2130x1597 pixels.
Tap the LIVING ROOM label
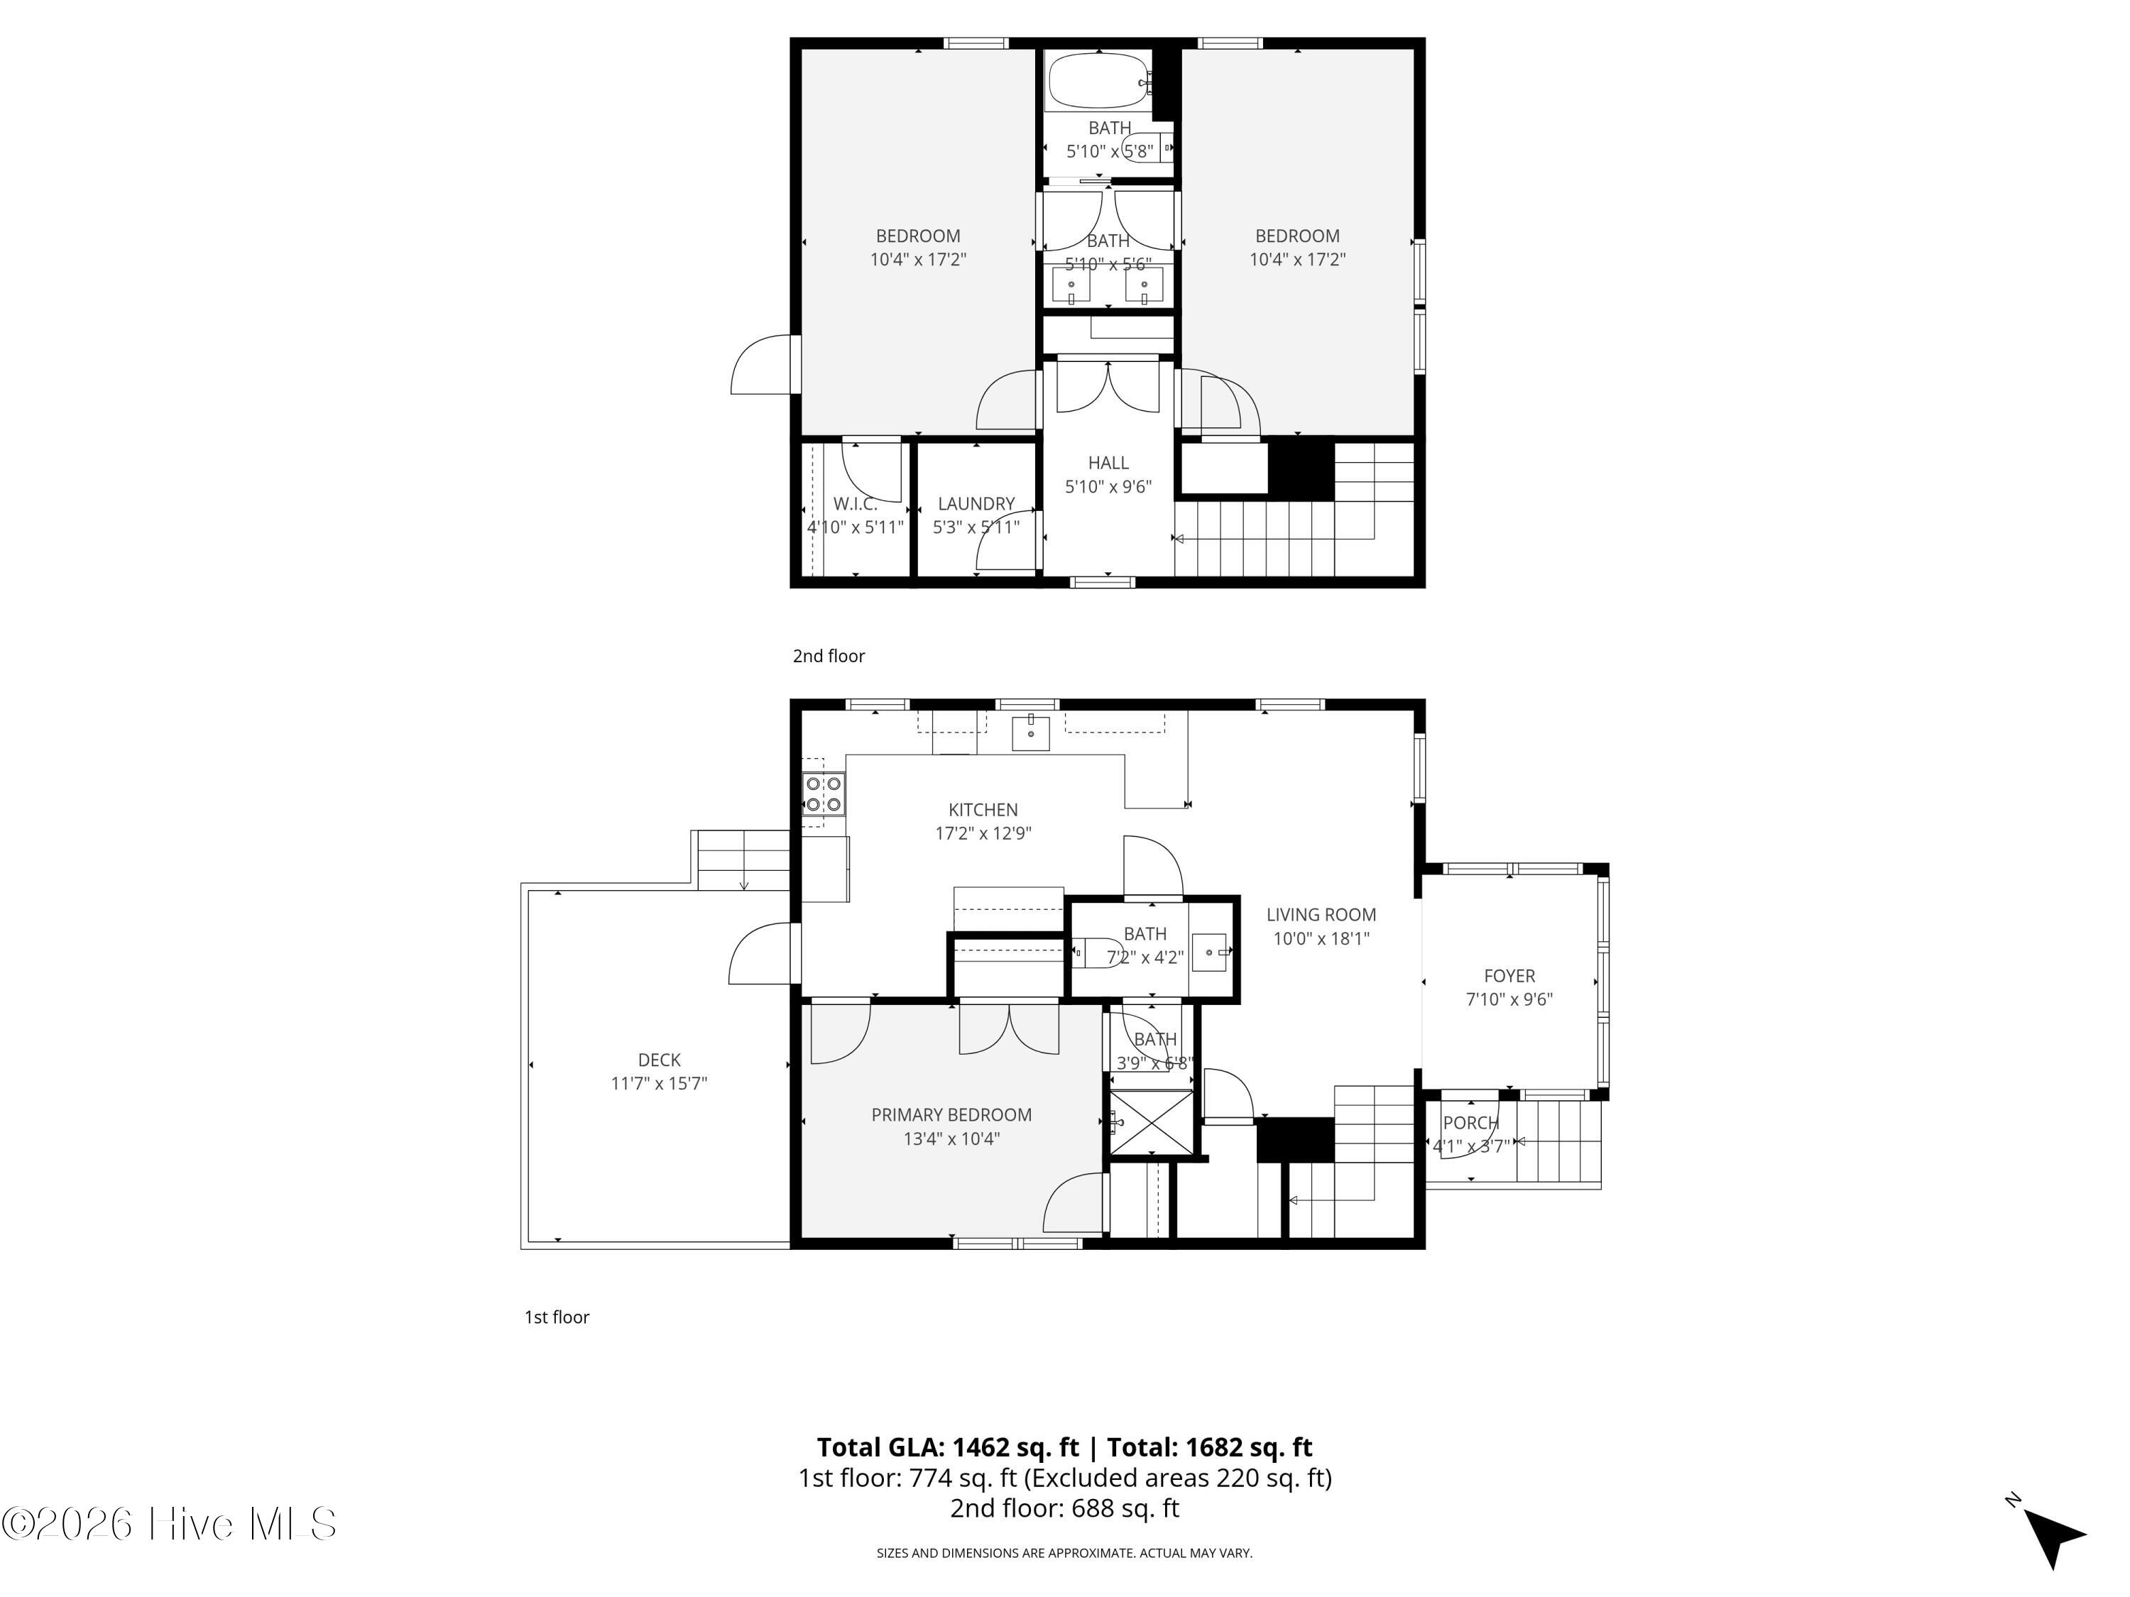point(1321,914)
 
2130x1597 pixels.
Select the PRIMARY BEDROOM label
point(951,1115)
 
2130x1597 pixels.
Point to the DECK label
point(659,1060)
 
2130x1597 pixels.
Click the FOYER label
point(1509,976)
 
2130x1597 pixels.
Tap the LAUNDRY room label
point(976,503)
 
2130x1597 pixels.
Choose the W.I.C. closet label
point(855,503)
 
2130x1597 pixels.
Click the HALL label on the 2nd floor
point(1108,463)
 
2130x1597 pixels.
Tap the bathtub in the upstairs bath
point(1098,81)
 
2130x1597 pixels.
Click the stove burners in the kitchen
point(824,795)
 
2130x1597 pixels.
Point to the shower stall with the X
point(1152,1121)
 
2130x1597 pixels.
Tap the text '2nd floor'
point(829,656)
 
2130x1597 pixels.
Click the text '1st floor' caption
point(557,1317)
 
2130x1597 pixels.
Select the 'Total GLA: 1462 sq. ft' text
point(949,1447)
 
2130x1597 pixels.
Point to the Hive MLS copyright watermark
point(170,1524)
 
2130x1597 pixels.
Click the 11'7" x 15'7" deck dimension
point(659,1084)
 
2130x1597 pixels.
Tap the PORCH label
point(1470,1122)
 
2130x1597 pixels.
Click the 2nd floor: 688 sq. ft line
point(1064,1508)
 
